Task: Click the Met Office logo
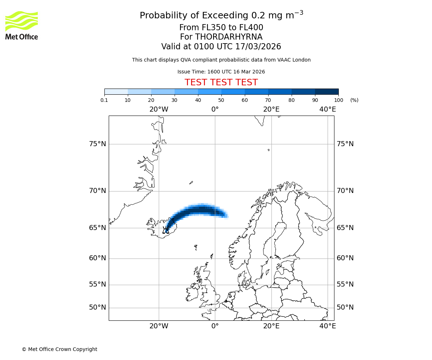tap(22, 25)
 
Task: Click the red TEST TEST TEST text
tap(221, 83)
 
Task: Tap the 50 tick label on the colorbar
tap(221, 100)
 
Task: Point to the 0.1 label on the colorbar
tap(104, 100)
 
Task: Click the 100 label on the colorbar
tap(338, 100)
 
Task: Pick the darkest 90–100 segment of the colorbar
tap(327, 91)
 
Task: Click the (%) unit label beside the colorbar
tap(354, 100)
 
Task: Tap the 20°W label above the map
tap(159, 109)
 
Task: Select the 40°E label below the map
tap(328, 326)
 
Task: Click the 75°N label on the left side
tap(98, 144)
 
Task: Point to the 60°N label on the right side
tap(345, 258)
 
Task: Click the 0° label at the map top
tap(215, 109)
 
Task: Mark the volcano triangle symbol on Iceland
tap(166, 230)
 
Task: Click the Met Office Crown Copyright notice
tap(59, 349)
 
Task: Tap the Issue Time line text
tap(221, 72)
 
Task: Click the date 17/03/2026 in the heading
tap(258, 47)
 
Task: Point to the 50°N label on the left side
tap(98, 307)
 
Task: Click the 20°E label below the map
tap(271, 326)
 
